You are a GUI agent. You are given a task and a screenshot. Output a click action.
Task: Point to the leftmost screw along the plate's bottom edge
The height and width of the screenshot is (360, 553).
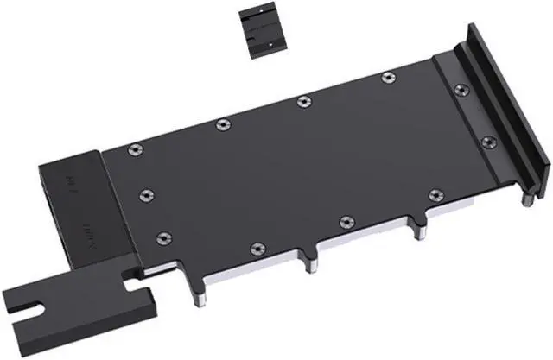(256, 248)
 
